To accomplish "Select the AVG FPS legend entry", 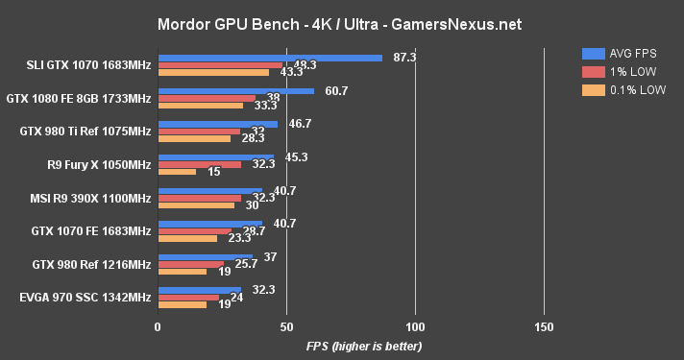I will [614, 53].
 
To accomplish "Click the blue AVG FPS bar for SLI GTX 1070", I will [270, 58].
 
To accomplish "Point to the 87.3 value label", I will [404, 58].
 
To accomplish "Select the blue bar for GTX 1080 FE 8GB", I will [235, 91].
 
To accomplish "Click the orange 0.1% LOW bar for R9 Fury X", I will [177, 172].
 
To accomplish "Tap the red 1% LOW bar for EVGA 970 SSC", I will [188, 297].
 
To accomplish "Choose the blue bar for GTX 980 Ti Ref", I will [217, 124].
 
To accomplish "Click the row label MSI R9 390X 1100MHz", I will [91, 198].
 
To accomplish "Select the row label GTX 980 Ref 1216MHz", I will [93, 264].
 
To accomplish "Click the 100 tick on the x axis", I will [415, 327].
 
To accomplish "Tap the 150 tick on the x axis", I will [544, 327].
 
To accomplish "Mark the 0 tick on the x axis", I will [158, 327].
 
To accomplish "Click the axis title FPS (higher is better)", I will [364, 346].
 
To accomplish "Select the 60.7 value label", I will [336, 91].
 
